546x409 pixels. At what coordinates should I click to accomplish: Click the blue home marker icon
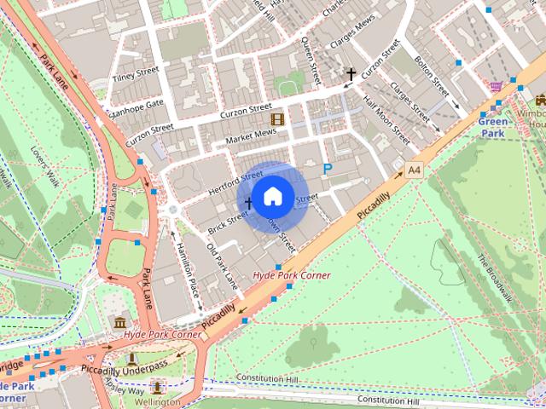click(x=272, y=196)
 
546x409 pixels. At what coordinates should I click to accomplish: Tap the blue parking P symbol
click(x=327, y=170)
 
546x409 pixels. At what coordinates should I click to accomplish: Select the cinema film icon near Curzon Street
click(x=277, y=119)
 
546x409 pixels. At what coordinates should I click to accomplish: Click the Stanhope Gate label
click(x=135, y=108)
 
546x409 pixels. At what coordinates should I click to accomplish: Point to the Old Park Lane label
click(x=223, y=264)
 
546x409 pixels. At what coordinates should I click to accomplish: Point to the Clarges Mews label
click(x=351, y=37)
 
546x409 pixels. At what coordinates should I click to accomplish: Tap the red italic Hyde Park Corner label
click(x=292, y=275)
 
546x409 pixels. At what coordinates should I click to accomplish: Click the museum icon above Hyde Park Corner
click(x=119, y=322)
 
